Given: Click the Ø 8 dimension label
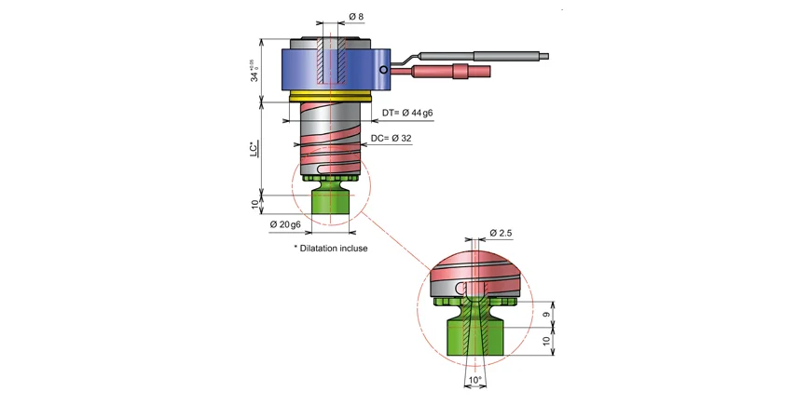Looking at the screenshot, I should tap(356, 17).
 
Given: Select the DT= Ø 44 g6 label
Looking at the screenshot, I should tap(408, 114).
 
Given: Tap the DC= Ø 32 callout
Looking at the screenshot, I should tap(392, 139).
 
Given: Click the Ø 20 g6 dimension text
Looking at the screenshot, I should tap(285, 224).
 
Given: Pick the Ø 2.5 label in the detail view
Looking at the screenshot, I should tap(502, 233).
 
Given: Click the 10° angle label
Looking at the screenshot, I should tap(475, 380).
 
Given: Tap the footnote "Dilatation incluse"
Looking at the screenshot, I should tap(331, 249).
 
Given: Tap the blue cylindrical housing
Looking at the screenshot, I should tap(308, 70).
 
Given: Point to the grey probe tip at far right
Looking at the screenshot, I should tap(540, 56).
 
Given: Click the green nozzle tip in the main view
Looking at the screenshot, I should tap(331, 200).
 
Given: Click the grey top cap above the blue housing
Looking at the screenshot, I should tap(332, 43).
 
